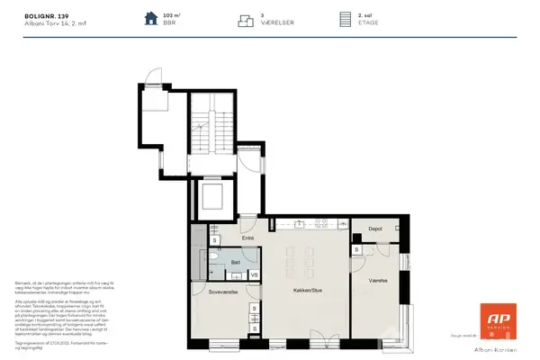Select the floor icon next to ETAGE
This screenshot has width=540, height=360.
(343, 19)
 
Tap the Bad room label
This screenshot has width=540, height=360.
(234, 263)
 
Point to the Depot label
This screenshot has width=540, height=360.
(375, 229)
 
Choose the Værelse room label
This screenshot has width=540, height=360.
(377, 280)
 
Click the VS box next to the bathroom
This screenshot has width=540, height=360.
(254, 274)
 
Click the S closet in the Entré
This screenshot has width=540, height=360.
(214, 241)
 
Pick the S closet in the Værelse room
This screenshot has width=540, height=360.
(357, 249)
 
